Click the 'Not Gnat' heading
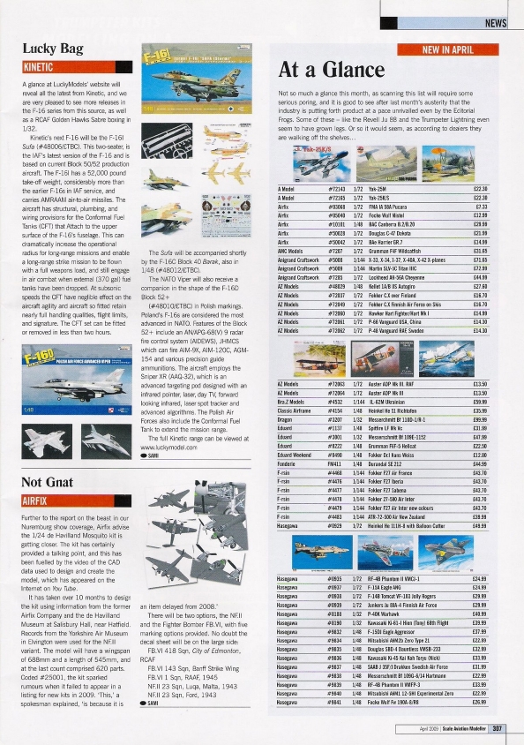click(47, 482)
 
